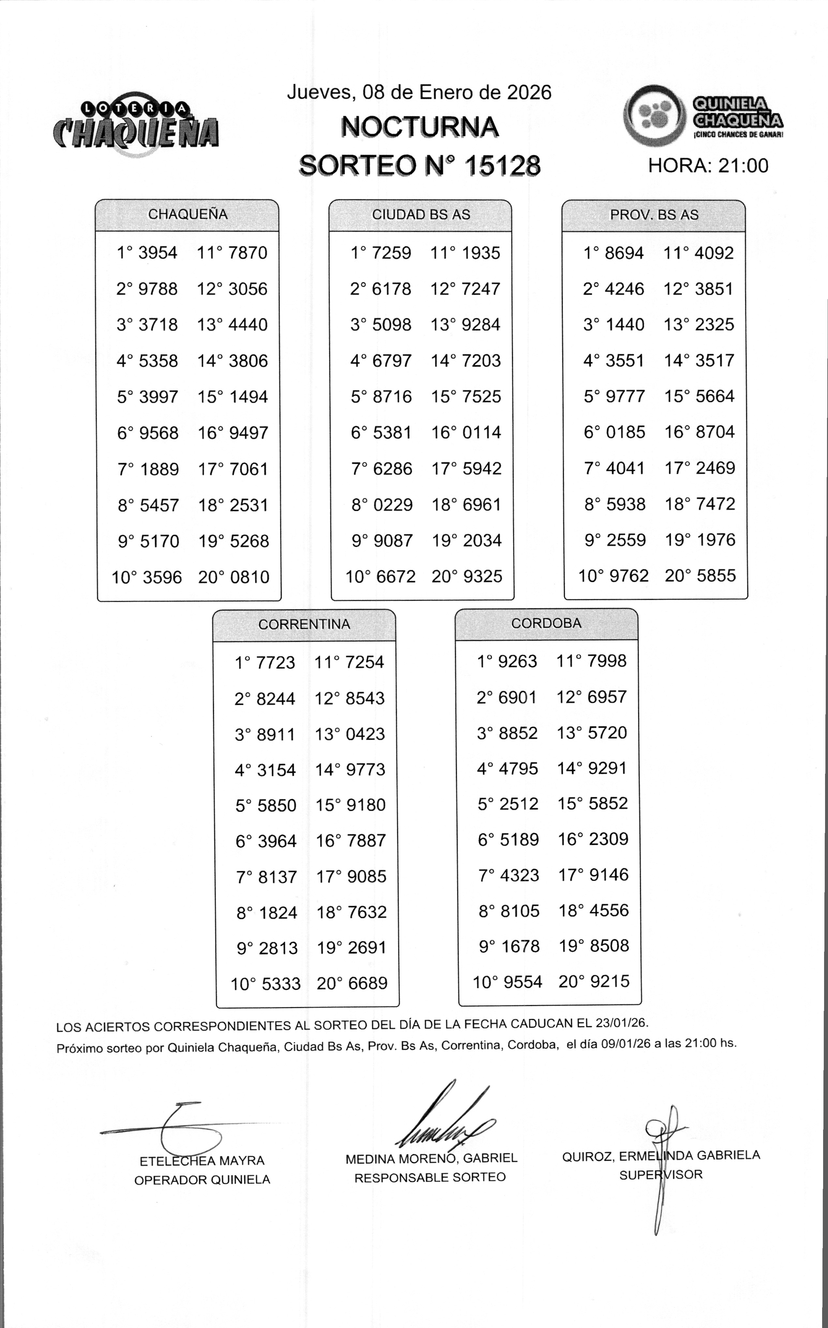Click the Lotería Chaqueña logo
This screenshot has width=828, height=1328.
pos(136,126)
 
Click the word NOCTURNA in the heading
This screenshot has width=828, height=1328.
pos(419,127)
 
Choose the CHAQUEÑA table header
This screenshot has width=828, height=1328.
pos(187,214)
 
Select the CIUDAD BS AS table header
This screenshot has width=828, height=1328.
pos(421,215)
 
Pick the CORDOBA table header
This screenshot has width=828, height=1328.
pos(546,623)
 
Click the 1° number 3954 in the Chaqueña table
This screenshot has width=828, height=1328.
pos(158,253)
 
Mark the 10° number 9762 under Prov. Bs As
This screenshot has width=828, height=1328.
pos(629,576)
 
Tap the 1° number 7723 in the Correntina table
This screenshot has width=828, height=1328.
pos(276,663)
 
